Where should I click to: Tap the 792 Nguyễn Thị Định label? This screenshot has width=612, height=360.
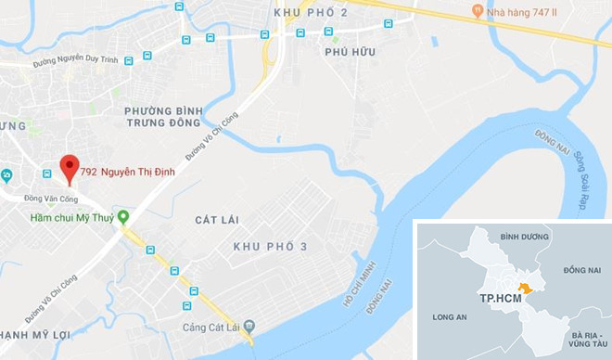point(127,172)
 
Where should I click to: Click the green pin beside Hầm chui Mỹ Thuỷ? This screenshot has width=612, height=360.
point(122,217)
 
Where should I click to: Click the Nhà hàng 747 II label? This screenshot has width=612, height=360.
point(525,11)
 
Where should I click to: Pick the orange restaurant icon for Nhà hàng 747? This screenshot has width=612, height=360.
point(478,11)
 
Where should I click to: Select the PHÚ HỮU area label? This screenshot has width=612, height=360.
point(350,53)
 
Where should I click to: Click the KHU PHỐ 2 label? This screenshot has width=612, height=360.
point(311,11)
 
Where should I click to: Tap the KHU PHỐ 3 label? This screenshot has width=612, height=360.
point(270,246)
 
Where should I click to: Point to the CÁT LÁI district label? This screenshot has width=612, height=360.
point(217,220)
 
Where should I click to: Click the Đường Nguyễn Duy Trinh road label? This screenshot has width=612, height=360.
point(79,64)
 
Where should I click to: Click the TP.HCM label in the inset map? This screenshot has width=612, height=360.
point(498,300)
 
